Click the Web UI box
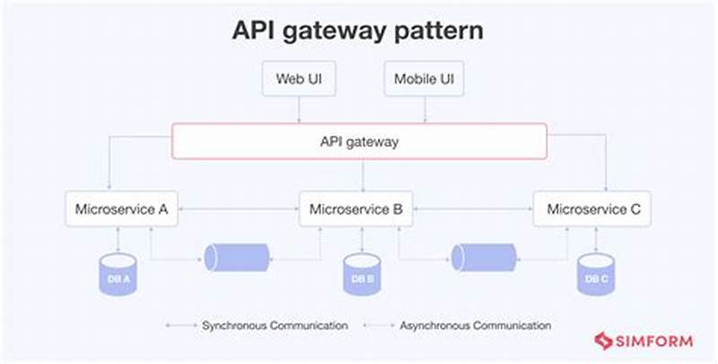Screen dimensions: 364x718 (299, 79)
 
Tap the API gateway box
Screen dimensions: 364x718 (359, 142)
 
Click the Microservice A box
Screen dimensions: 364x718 (121, 210)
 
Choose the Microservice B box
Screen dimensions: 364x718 (355, 210)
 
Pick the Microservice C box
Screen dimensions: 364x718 (592, 210)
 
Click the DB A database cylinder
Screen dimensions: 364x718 (117, 273)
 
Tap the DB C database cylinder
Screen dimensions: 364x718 (596, 273)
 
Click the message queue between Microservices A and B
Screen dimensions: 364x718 (236, 257)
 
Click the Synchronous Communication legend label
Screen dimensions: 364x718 (274, 325)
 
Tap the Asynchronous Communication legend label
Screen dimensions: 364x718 (475, 325)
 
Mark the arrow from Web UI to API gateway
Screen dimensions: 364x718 (299, 109)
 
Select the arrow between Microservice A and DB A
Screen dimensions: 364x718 (118, 238)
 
